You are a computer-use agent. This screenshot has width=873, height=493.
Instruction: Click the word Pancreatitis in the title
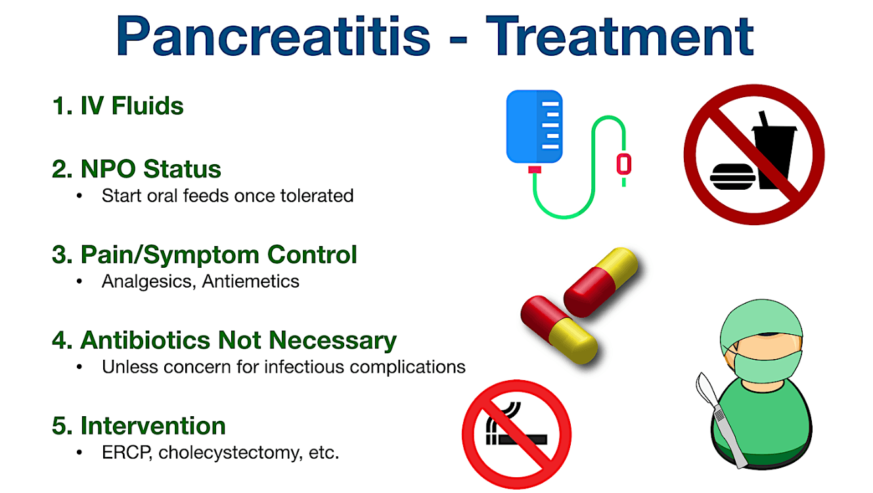point(273,36)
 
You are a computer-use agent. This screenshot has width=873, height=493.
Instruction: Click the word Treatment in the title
point(620,36)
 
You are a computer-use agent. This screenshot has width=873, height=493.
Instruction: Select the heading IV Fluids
point(132,106)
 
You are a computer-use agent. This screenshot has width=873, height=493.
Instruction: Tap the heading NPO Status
point(151,169)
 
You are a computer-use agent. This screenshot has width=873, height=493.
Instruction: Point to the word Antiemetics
point(250,281)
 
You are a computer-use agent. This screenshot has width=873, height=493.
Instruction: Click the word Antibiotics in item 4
point(145,340)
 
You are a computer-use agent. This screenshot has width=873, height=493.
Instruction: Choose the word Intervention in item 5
point(153,425)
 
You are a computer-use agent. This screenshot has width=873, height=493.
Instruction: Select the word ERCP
point(127,452)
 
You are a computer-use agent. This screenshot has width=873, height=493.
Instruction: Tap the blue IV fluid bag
point(534,126)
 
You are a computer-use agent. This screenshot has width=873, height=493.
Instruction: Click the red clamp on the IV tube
point(624,164)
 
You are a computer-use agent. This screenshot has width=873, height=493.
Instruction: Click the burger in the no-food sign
point(732,177)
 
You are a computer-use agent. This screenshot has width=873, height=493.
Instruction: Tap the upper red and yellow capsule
point(600,282)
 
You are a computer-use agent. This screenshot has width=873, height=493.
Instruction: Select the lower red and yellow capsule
point(559,330)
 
